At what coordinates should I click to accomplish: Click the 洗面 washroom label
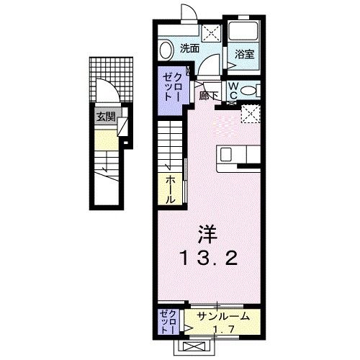[189, 49]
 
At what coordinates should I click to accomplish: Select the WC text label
[235, 91]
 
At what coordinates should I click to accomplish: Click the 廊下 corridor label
[210, 96]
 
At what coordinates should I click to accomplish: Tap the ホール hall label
[171, 189]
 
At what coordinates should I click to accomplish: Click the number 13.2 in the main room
[207, 258]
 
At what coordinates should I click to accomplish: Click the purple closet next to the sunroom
[168, 321]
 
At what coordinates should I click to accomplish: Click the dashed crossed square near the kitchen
[250, 113]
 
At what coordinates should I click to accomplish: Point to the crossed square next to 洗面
[212, 31]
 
